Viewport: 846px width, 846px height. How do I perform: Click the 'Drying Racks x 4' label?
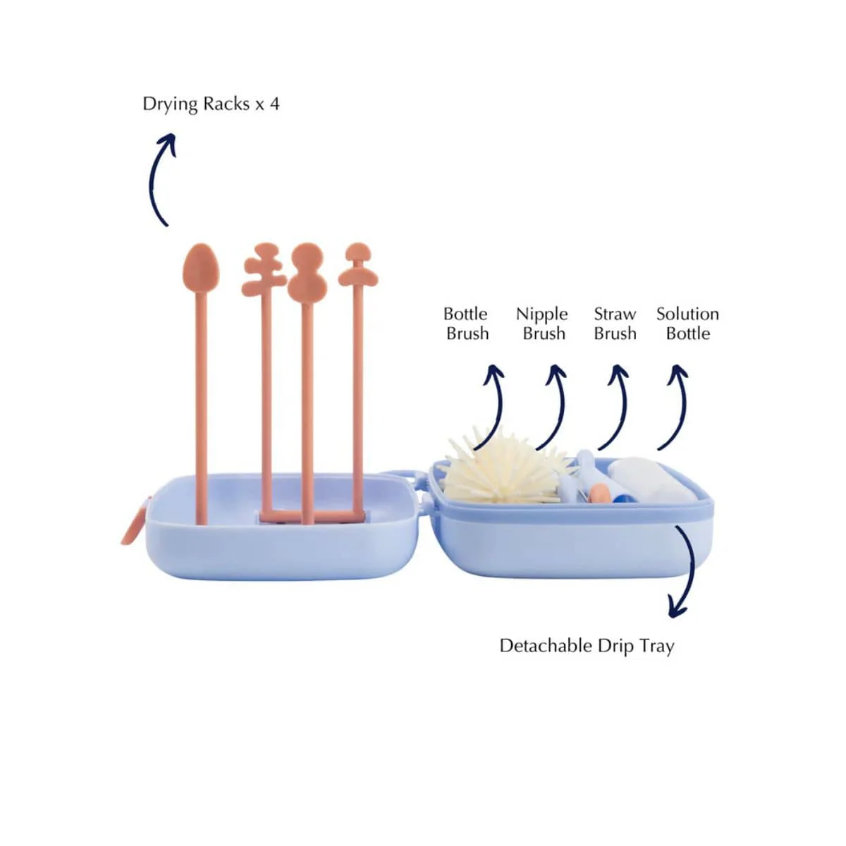coord(211,104)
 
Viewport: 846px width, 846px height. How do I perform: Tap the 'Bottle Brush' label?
coord(466,324)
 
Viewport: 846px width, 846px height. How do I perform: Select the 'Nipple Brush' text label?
coord(542,324)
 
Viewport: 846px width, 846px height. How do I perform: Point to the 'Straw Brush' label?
coord(615,324)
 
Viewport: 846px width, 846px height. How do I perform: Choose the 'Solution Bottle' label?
coord(688,324)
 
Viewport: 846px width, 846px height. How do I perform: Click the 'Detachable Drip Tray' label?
coord(587,646)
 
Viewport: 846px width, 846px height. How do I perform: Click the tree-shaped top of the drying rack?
coord(264,269)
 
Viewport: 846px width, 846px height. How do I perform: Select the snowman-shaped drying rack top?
coord(307,272)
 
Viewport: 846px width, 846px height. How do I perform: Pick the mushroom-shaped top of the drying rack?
coord(358,264)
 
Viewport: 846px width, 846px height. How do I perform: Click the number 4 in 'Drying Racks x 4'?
coord(275,104)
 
